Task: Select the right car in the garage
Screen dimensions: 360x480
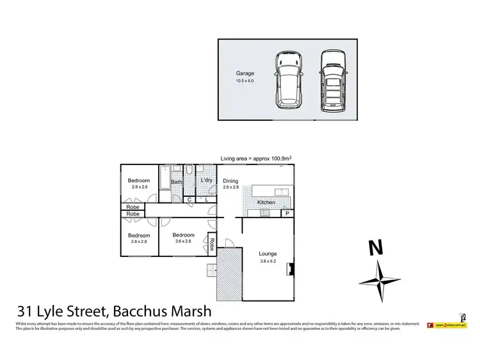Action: (332, 79)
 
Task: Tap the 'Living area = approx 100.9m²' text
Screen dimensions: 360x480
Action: (256, 158)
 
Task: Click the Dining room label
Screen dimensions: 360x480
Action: (230, 181)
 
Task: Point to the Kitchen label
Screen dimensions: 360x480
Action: (266, 202)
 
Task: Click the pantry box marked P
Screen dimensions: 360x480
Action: (287, 212)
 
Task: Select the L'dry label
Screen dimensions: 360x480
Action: (206, 181)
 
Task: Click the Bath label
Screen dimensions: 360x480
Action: (176, 182)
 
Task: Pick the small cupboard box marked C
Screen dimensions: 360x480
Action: (189, 200)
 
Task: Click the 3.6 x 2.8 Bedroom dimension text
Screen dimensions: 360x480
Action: (183, 242)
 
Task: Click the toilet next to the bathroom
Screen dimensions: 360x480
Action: (190, 171)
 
